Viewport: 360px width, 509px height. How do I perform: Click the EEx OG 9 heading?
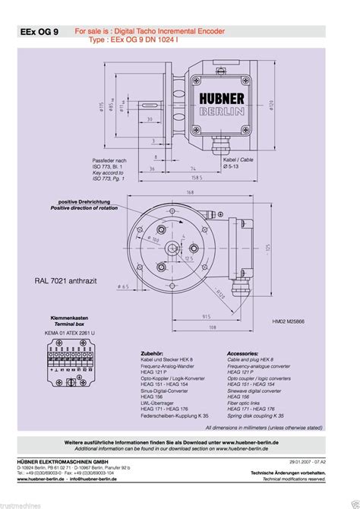point(39,33)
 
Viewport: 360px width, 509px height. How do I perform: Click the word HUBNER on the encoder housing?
point(222,99)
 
